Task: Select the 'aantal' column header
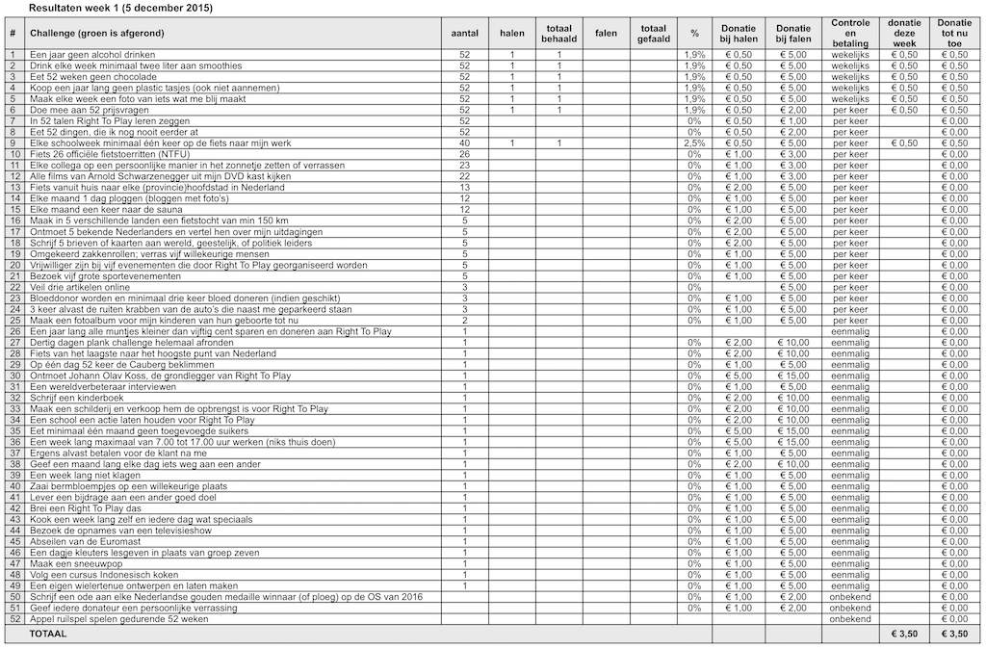(465, 33)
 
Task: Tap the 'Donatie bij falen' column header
(792, 33)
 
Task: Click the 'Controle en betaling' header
(850, 33)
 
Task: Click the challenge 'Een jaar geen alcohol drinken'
(91, 54)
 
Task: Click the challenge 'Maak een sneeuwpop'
(69, 563)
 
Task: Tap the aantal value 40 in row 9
(465, 143)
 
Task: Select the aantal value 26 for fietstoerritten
(465, 154)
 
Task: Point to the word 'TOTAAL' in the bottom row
(48, 636)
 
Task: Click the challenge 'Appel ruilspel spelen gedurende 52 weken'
(118, 619)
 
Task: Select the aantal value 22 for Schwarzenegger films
(465, 176)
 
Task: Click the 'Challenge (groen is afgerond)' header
(97, 33)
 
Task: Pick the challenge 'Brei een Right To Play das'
(86, 508)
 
